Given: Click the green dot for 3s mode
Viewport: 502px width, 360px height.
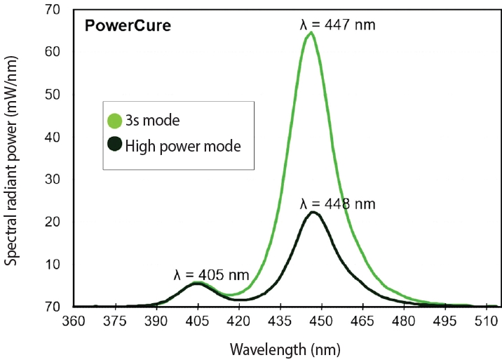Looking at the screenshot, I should [x=114, y=120].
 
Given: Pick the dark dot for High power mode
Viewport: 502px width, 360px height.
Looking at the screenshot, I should [x=114, y=147].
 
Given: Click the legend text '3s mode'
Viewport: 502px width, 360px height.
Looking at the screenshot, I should [x=153, y=120].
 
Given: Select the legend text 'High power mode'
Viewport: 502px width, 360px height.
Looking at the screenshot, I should [x=183, y=147].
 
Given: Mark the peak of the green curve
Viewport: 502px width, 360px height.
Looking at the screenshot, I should [x=311, y=32].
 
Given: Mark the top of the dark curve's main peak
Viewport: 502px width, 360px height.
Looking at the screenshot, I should [x=313, y=212].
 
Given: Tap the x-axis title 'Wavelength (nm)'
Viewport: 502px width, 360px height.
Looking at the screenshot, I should [x=287, y=347].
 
